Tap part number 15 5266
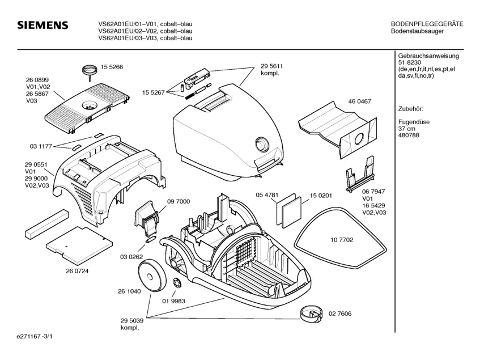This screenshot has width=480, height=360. coord(112,67)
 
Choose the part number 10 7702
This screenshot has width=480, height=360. coord(341,240)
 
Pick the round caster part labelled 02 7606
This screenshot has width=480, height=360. coord(310,313)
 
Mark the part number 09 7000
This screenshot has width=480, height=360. coord(178,201)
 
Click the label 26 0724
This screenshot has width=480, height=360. coord(77,270)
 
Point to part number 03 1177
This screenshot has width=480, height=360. coord(40,146)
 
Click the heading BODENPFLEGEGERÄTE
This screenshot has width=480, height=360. coord(427,24)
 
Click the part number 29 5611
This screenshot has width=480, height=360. coord(272,67)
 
